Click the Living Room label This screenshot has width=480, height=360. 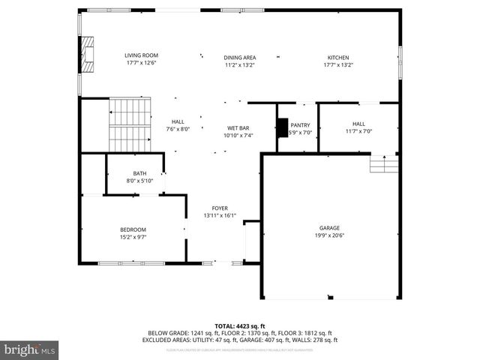pyautogui.click(x=141, y=55)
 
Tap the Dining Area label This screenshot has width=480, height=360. pyautogui.click(x=240, y=58)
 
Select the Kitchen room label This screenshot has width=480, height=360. pyautogui.click(x=337, y=58)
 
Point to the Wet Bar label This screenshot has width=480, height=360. pyautogui.click(x=238, y=128)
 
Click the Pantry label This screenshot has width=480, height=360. pyautogui.click(x=300, y=125)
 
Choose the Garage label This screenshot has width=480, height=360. pyautogui.click(x=330, y=228)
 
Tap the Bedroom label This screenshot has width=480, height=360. pyautogui.click(x=133, y=229)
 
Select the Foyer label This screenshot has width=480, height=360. pyautogui.click(x=220, y=208)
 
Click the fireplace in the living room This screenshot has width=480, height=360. pyautogui.click(x=88, y=55)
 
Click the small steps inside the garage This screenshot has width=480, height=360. pyautogui.click(x=384, y=164)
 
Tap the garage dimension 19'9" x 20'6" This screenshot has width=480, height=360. pyautogui.click(x=330, y=235)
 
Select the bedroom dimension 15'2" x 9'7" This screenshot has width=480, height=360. pyautogui.click(x=133, y=237)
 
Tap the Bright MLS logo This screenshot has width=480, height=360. pyautogui.click(x=30, y=349)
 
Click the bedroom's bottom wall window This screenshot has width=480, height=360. pyautogui.click(x=131, y=263)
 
